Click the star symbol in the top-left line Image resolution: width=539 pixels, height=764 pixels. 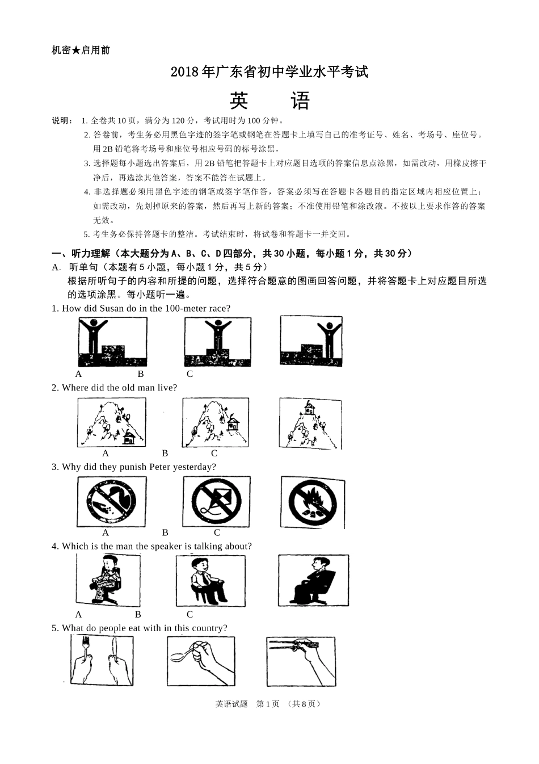pyautogui.click(x=76, y=51)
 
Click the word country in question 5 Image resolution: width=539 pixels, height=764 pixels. pyautogui.click(x=206, y=628)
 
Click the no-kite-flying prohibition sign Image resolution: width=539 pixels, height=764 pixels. pyautogui.click(x=216, y=501)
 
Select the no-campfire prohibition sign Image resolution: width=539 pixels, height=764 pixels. pyautogui.click(x=312, y=503)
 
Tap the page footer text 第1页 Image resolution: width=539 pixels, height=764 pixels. pyautogui.click(x=268, y=704)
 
